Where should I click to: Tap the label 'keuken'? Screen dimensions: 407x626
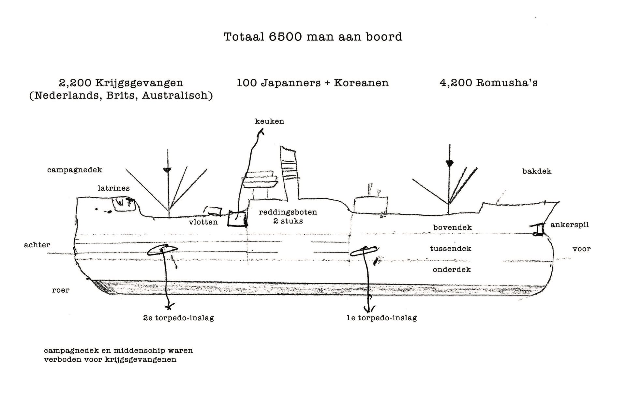click(x=269, y=121)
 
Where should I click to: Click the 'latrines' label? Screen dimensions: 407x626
click(x=113, y=188)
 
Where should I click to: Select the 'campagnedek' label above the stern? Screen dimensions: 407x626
click(x=74, y=170)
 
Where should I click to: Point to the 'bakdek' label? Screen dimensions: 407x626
click(x=537, y=171)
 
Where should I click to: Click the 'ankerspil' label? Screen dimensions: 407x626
click(x=570, y=225)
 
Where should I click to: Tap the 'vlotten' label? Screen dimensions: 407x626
click(x=203, y=222)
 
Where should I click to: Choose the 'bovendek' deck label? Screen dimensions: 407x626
click(x=452, y=227)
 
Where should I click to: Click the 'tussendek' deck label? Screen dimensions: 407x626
click(x=450, y=249)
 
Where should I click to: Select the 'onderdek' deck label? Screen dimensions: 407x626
click(x=452, y=269)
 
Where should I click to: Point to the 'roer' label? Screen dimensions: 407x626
click(x=61, y=290)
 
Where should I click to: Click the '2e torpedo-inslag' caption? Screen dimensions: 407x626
click(x=178, y=318)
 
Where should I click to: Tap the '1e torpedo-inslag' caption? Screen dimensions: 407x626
click(x=381, y=318)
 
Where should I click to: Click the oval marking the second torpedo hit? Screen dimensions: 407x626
click(x=162, y=250)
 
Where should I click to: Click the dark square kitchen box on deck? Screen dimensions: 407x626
click(x=237, y=218)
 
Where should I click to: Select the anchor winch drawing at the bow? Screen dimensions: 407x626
click(x=538, y=229)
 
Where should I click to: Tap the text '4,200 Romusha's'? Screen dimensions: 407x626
click(x=488, y=83)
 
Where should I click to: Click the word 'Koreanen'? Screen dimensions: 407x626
click(x=361, y=83)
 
